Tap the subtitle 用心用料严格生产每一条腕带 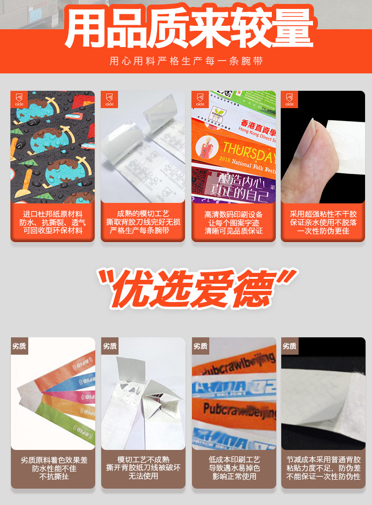click(186, 62)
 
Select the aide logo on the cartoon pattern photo click(18, 99)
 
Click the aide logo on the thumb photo click(289, 99)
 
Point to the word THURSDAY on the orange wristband click(248, 147)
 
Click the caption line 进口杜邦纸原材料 click(53, 214)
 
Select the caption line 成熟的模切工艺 click(143, 213)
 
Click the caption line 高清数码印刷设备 click(234, 214)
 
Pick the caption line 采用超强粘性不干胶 click(323, 214)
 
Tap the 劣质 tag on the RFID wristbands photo click(19, 346)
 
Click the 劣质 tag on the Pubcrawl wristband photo click(200, 346)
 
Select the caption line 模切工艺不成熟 click(143, 459)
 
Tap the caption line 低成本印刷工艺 click(234, 459)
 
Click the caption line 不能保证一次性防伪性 click(323, 476)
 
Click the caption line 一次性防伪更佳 click(323, 231)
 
